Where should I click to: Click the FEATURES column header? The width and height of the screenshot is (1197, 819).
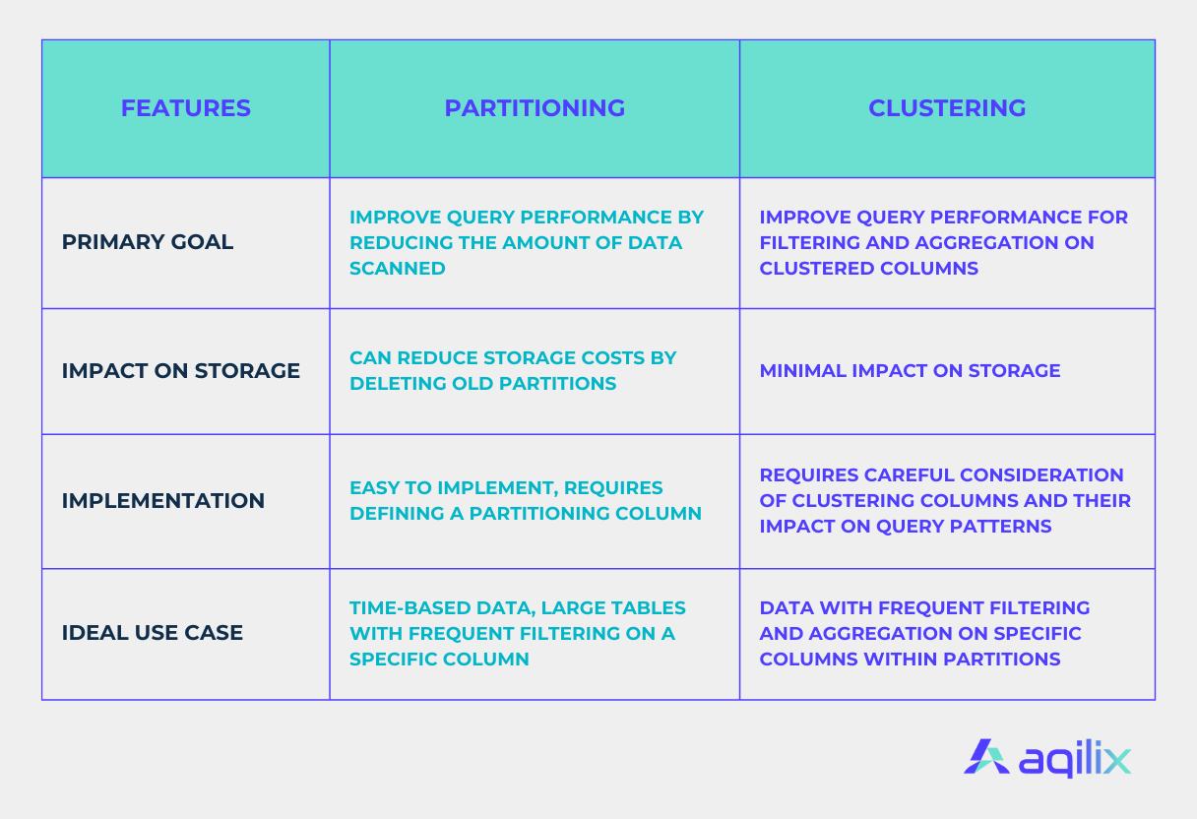(185, 108)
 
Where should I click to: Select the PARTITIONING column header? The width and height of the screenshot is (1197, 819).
(535, 108)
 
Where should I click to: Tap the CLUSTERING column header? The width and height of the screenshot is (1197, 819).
(947, 108)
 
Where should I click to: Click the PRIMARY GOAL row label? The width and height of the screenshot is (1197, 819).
(148, 242)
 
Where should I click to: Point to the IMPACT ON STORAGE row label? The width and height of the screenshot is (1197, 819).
(180, 371)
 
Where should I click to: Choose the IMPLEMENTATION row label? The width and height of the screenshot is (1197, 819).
(163, 501)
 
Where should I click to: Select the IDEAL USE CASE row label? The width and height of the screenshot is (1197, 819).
(153, 633)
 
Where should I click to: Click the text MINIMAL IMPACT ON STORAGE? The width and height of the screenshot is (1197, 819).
(910, 371)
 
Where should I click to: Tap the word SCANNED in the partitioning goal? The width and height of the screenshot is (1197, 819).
(397, 268)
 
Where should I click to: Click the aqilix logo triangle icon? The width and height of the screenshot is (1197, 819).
(986, 757)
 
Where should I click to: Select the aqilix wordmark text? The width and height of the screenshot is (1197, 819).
(1075, 759)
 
